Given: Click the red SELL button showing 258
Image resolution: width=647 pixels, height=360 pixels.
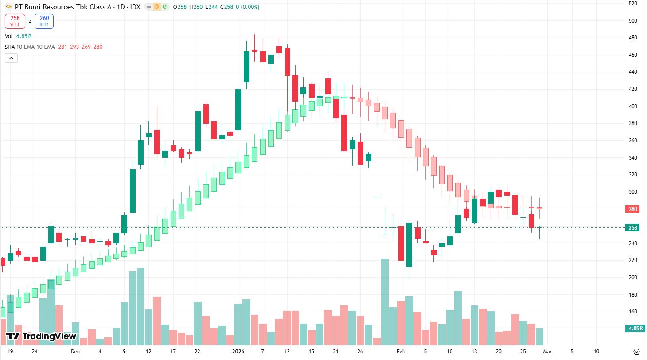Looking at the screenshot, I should (x=16, y=21).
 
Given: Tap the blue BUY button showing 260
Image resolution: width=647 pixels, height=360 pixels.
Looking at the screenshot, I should (x=44, y=21).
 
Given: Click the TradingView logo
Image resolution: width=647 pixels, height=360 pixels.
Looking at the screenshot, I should (x=41, y=336).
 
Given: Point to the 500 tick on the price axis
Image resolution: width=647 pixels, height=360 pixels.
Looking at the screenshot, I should (x=632, y=21).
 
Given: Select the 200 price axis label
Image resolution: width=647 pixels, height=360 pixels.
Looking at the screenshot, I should (x=632, y=278).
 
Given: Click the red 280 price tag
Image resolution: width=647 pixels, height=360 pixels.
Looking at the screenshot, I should (x=632, y=209).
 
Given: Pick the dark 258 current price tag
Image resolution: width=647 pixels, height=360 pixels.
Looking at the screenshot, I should (x=632, y=228).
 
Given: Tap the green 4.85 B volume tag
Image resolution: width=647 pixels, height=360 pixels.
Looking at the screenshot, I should (x=632, y=329).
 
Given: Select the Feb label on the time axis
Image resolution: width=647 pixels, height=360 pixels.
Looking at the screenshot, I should (x=401, y=352).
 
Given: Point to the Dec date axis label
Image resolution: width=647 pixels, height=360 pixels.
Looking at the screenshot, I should (x=75, y=352).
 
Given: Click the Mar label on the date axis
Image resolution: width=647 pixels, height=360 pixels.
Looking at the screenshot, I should (x=547, y=352).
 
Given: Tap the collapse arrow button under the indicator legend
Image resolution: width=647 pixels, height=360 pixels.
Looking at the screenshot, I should (x=12, y=58).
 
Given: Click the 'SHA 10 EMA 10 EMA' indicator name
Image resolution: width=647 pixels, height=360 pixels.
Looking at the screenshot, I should (x=30, y=47).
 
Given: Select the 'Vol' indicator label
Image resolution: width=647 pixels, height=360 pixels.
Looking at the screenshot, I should (x=9, y=36).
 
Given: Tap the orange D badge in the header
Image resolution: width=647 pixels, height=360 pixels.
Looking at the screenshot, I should (x=156, y=7).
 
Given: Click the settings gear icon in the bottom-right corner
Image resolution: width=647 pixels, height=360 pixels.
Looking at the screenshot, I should (x=637, y=352).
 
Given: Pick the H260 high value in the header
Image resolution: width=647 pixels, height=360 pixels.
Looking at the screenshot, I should (x=194, y=7).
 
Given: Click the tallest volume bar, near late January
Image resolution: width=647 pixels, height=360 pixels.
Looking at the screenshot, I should (x=385, y=301).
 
